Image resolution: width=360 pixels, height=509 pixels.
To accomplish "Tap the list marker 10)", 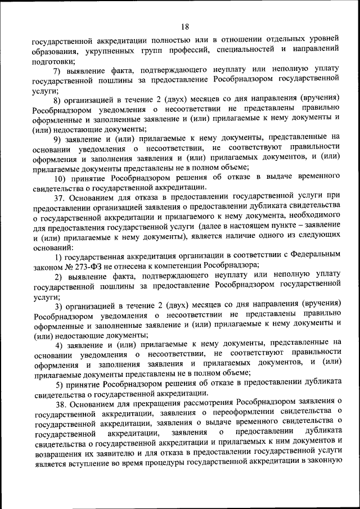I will [60, 177].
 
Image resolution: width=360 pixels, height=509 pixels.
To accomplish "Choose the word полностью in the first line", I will [172, 40].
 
